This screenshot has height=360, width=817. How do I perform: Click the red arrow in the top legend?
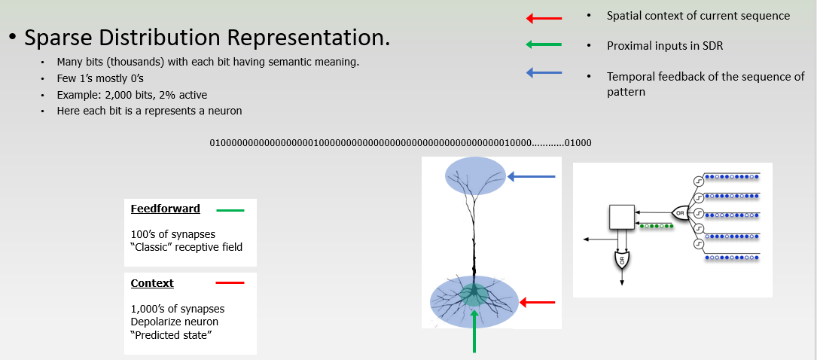pos(544,17)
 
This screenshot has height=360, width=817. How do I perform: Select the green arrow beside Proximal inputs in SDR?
pos(544,45)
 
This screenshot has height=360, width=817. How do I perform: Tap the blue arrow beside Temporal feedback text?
pos(544,73)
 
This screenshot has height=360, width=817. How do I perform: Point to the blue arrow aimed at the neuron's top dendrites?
pos(532,177)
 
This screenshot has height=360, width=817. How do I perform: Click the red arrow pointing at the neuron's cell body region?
pos(538,303)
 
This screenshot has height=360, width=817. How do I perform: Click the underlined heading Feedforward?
pos(165,209)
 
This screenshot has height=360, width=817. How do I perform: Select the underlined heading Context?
pos(152,283)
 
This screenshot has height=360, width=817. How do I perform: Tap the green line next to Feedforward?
pos(230,210)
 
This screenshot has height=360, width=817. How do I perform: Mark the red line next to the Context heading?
pos(230,283)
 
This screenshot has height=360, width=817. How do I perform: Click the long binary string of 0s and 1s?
pos(400,142)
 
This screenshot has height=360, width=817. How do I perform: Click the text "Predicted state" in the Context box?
pos(171,334)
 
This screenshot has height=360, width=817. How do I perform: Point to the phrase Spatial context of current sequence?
pos(698,16)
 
